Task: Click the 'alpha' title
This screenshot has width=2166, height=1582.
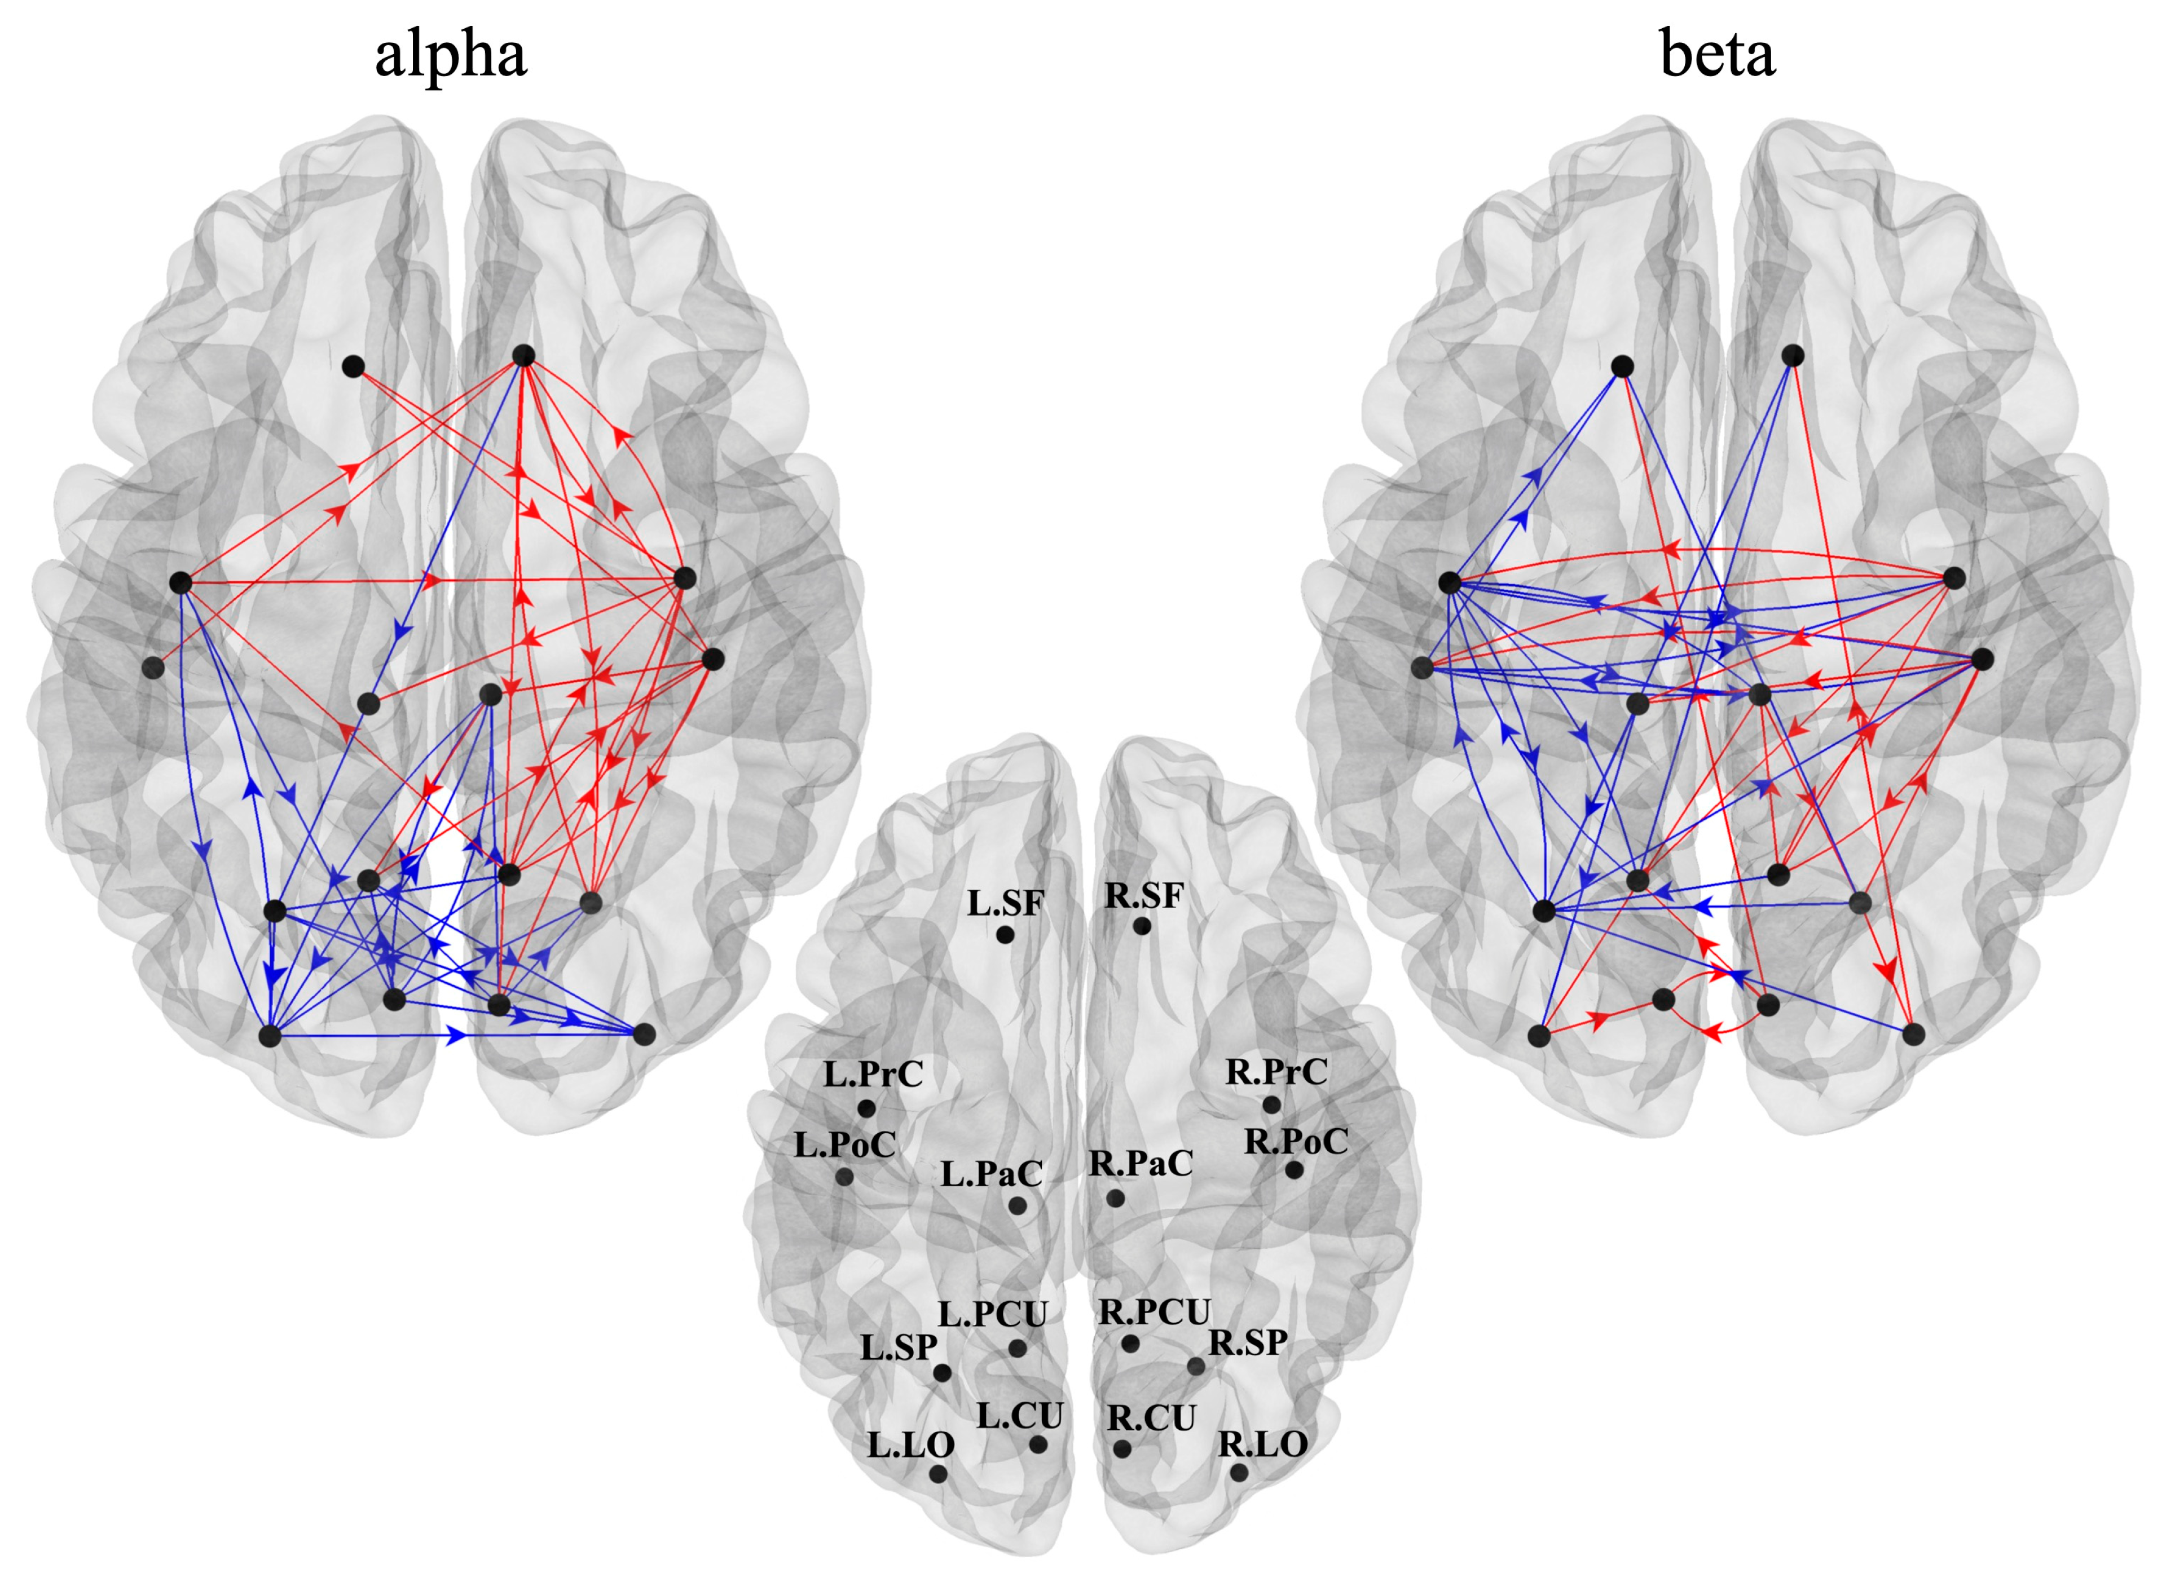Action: tap(450, 56)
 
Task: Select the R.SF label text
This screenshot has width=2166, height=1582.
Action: tap(1144, 895)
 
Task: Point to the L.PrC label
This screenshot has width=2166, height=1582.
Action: tap(873, 1073)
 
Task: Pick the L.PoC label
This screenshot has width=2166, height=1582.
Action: tap(844, 1143)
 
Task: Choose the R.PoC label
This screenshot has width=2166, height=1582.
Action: tap(1295, 1141)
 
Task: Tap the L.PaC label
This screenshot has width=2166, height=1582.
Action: tap(990, 1173)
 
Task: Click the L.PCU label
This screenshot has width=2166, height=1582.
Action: tap(993, 1314)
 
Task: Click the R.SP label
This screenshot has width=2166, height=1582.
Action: tap(1247, 1342)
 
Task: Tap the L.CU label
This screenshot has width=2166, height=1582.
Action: tap(1019, 1415)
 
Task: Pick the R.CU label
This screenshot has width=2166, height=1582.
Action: tap(1151, 1419)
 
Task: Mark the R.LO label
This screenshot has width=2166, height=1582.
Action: tap(1262, 1444)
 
